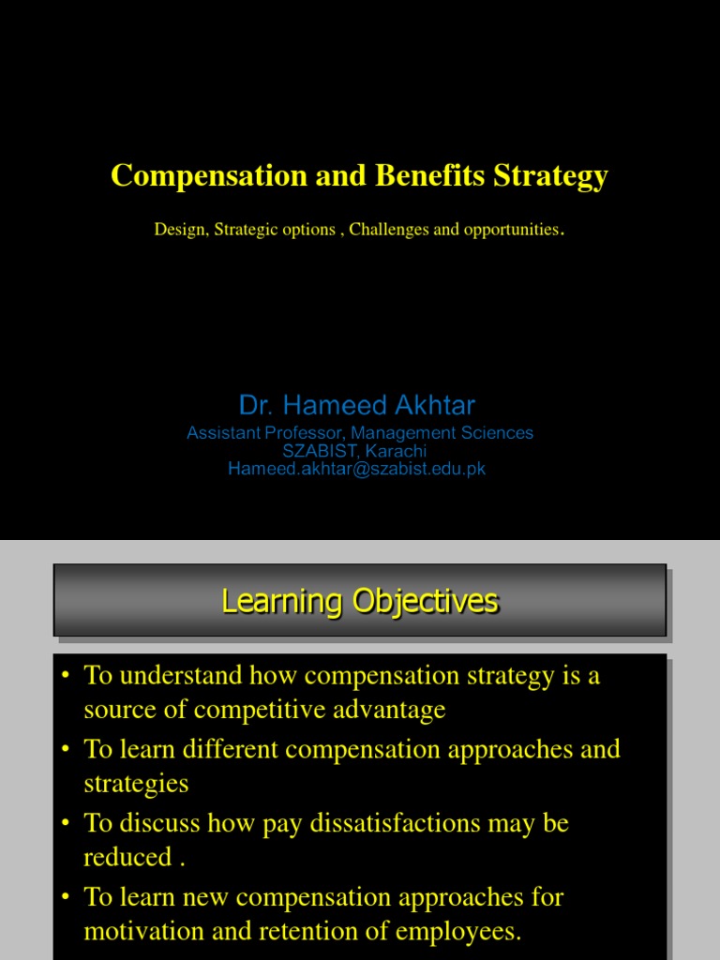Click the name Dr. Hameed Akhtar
357,405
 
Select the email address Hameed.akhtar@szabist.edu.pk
357,469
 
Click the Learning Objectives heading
360,601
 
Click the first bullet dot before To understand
66,677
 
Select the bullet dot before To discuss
66,824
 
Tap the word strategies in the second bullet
136,784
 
